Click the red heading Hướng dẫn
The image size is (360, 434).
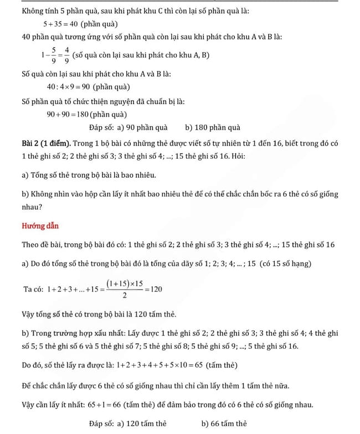tap(40, 226)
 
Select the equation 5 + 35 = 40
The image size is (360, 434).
tap(60, 24)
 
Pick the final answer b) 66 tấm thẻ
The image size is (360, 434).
tap(224, 423)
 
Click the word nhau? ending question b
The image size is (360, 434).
tap(35, 208)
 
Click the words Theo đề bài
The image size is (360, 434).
tap(42, 245)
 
